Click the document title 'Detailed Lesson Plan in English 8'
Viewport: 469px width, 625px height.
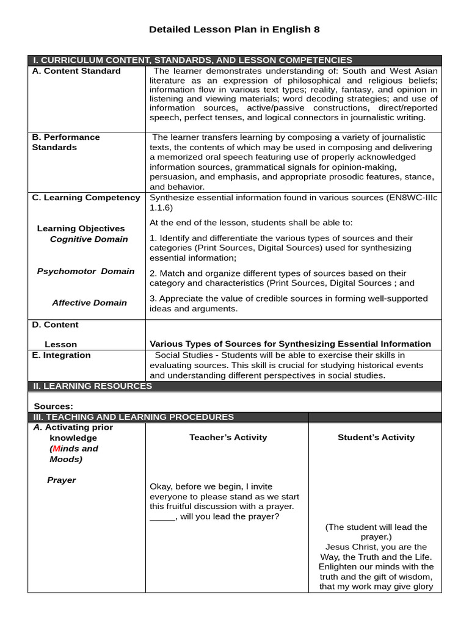coord(234,29)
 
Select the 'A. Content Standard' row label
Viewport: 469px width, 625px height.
coord(76,71)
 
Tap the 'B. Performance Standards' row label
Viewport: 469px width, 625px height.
coord(65,142)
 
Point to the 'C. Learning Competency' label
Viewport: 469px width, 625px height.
coord(86,198)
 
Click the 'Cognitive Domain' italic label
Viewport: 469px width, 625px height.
coord(89,239)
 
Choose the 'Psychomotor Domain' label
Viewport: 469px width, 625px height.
coord(85,271)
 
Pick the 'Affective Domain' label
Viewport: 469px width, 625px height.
coord(89,303)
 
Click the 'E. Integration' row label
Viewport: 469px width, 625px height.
coord(61,355)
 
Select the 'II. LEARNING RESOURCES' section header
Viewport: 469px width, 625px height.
coord(92,386)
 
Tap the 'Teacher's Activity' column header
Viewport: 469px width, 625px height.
coord(228,437)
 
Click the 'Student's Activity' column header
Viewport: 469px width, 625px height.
coord(376,437)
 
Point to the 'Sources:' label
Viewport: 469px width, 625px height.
coord(53,406)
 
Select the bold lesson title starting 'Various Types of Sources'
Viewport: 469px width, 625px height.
coord(290,344)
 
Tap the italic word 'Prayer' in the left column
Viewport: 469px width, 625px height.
coord(61,480)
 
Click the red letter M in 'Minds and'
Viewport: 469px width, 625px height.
coord(56,449)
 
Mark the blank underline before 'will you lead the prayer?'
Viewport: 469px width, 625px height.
coord(162,517)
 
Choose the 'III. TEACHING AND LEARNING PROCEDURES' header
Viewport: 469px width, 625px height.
coord(134,417)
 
